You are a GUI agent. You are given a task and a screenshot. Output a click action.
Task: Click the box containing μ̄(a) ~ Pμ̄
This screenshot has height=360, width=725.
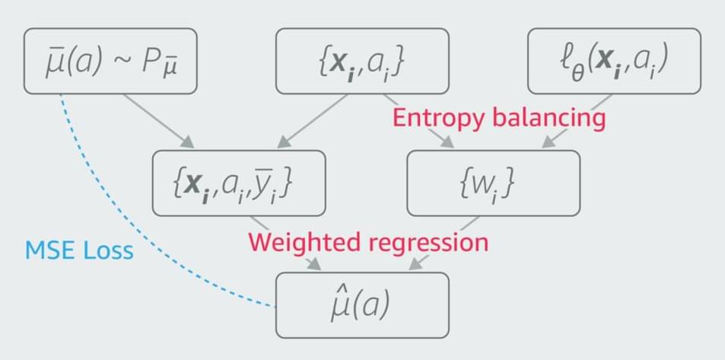click(x=110, y=62)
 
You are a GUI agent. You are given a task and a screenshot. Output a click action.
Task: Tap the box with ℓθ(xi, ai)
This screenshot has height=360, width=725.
click(x=613, y=62)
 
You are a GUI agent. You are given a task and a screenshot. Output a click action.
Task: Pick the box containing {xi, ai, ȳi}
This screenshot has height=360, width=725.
click(x=239, y=183)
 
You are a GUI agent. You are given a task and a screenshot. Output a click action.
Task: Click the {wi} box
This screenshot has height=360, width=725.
click(x=493, y=183)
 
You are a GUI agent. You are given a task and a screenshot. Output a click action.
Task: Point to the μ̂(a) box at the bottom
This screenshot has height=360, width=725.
click(x=362, y=304)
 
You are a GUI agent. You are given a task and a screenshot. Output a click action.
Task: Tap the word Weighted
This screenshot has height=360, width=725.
click(x=300, y=243)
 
